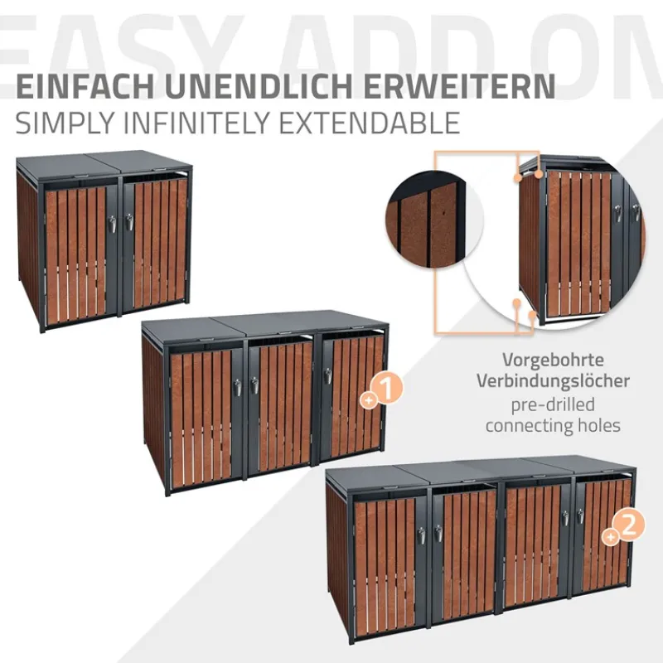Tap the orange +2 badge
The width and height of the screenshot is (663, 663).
[x=626, y=527]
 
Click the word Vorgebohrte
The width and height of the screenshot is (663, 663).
[x=553, y=361]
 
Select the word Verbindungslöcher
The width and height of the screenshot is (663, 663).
[x=553, y=382]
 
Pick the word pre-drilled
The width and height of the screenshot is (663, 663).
[x=553, y=404]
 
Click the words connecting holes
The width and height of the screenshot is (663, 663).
[x=553, y=426]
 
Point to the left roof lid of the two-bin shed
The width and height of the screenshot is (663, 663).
[x=70, y=162]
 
